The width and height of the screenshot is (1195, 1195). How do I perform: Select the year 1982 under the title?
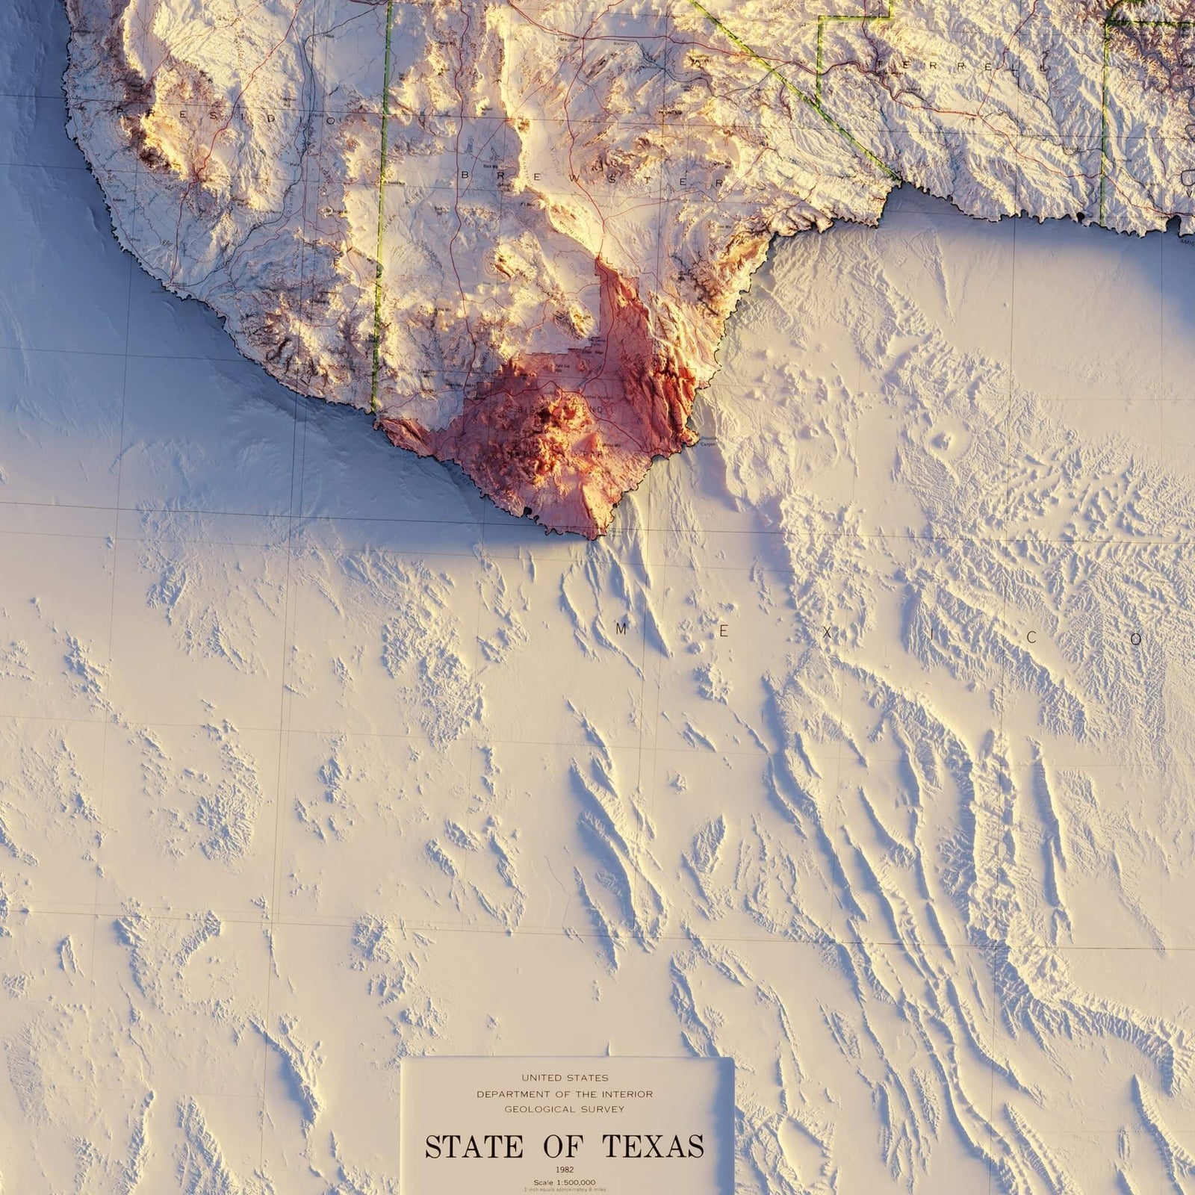click(x=564, y=1170)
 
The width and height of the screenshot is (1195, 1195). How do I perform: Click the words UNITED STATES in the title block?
click(x=564, y=1077)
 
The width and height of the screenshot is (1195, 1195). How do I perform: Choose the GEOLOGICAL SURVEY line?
click(x=564, y=1109)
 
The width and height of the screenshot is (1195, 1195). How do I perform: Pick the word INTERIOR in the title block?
click(x=627, y=1093)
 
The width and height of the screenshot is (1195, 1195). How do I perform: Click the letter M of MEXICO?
click(x=620, y=630)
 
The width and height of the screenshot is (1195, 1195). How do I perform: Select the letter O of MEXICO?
click(x=1136, y=639)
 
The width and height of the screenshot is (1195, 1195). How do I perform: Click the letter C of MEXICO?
click(x=1033, y=637)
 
